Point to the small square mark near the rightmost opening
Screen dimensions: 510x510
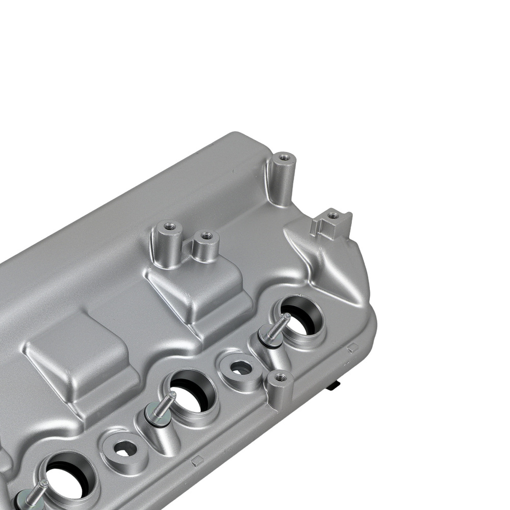click(x=351, y=348)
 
